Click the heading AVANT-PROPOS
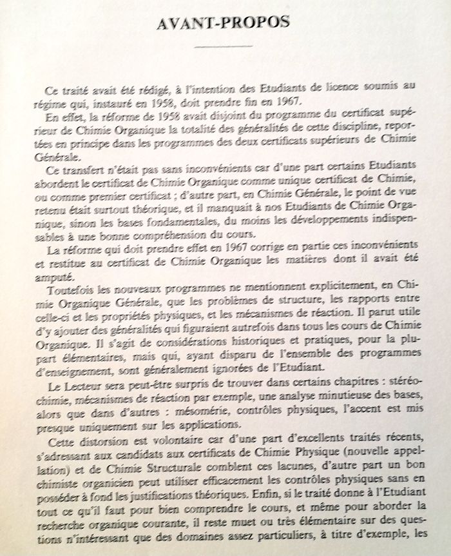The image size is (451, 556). (x=225, y=23)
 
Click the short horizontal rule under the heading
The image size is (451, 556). (x=225, y=47)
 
